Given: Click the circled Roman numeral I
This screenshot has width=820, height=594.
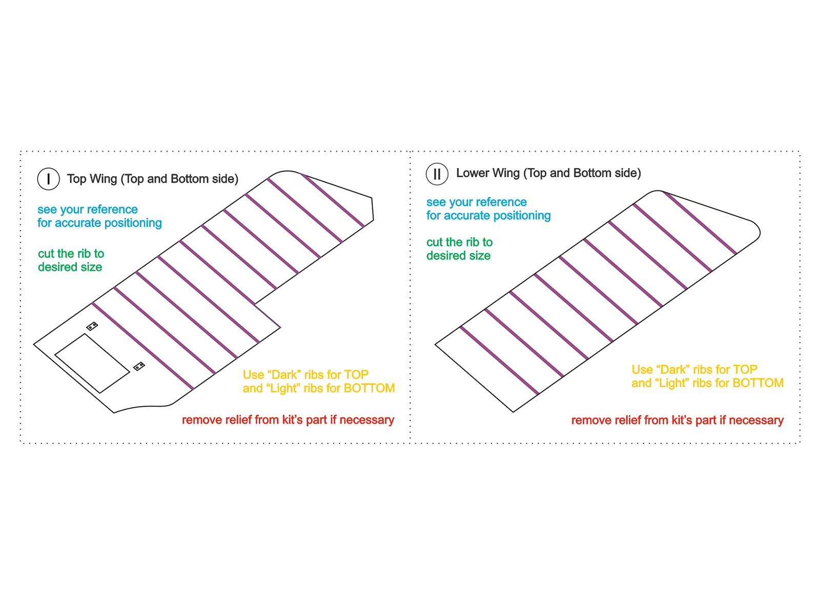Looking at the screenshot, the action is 48,179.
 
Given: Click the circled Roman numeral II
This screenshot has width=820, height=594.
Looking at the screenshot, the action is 437,174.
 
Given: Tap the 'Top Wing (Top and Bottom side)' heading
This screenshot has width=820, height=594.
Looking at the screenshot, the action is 153,179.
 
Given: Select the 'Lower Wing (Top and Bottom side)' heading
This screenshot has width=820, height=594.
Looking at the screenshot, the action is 548,173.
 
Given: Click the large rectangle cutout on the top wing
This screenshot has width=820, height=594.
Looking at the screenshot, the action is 92,363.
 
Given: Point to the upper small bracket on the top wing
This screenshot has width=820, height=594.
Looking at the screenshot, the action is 92,326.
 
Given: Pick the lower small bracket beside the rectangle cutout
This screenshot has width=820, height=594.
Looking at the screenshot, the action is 139,366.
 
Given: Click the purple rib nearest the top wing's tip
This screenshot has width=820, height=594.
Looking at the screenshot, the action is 333,200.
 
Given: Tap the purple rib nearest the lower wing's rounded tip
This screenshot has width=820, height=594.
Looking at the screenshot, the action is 700,223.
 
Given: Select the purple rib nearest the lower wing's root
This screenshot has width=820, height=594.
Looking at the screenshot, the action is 499,360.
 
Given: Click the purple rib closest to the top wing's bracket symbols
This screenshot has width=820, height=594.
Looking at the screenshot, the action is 142,346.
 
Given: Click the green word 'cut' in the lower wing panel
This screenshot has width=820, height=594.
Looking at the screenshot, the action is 435,242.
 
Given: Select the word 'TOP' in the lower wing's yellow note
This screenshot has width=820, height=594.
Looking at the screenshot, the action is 745,369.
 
